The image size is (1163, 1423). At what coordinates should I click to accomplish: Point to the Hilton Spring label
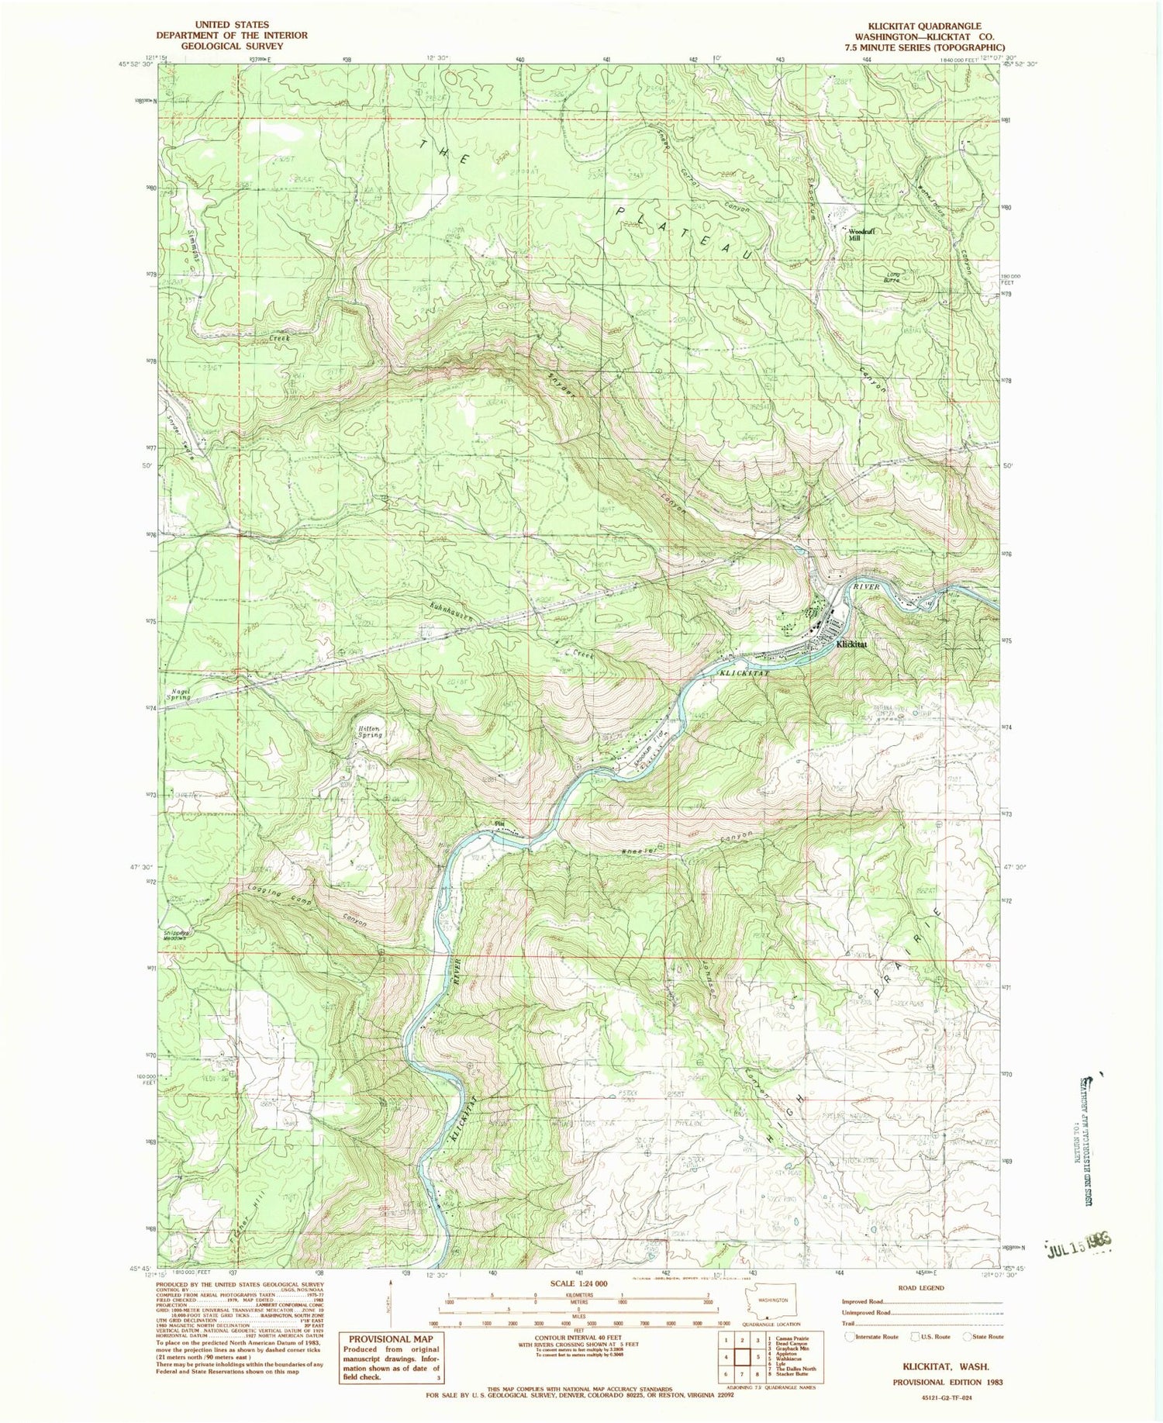click(368, 730)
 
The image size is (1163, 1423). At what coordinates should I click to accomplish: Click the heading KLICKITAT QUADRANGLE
click(919, 26)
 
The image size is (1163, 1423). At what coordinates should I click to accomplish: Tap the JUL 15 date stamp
click(1078, 1239)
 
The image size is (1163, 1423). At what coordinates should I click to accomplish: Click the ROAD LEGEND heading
click(921, 1288)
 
